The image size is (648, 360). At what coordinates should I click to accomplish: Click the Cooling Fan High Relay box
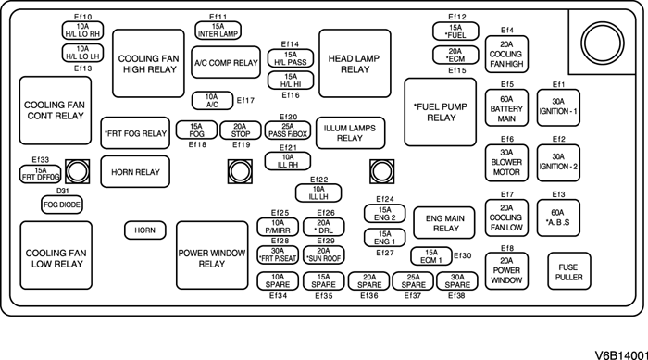(148, 63)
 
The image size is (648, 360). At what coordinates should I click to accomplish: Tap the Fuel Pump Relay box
(441, 112)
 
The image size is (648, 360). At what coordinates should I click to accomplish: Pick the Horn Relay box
(135, 171)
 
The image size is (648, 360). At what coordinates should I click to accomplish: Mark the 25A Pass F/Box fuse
(287, 130)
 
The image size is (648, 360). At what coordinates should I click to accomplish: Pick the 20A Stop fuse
(240, 130)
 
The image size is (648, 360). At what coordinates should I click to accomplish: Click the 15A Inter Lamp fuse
(218, 30)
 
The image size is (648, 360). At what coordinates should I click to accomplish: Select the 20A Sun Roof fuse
(324, 255)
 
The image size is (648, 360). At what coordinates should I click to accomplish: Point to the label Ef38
(456, 295)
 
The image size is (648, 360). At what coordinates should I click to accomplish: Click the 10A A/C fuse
(212, 100)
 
